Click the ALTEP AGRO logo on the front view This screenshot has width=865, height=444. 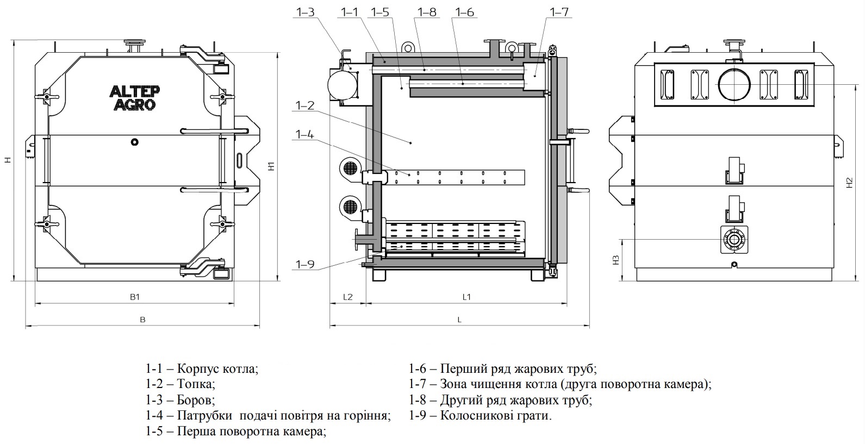(134, 97)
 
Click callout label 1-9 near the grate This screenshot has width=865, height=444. (305, 265)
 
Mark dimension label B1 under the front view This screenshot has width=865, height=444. (135, 297)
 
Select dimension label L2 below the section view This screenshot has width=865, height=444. (348, 297)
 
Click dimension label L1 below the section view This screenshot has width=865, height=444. (466, 297)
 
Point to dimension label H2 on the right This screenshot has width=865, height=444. (849, 183)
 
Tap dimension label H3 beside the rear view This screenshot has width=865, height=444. (615, 260)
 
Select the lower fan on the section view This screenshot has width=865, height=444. (349, 206)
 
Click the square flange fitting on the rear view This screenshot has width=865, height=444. (735, 239)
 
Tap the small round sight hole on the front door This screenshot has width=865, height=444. (135, 142)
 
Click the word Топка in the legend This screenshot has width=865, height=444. (196, 384)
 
